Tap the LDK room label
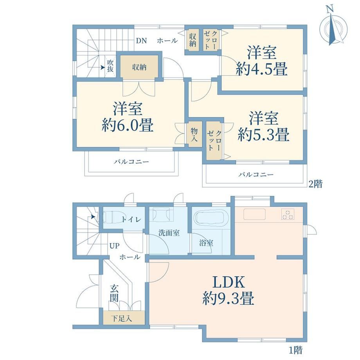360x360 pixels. (229, 283)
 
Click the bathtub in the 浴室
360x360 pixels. (211, 216)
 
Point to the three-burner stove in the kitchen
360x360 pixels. (288, 214)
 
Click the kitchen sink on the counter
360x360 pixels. (254, 214)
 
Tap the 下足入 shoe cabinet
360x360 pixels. (124, 318)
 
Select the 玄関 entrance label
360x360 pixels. (114, 293)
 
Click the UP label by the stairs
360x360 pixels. (114, 246)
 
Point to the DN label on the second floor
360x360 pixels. (141, 41)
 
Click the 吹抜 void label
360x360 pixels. (110, 66)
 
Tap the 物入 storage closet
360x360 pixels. (194, 135)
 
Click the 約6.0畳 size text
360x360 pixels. (128, 125)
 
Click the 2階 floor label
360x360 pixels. (315, 184)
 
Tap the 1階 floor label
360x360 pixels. (295, 350)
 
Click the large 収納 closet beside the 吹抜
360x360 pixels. (139, 67)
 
